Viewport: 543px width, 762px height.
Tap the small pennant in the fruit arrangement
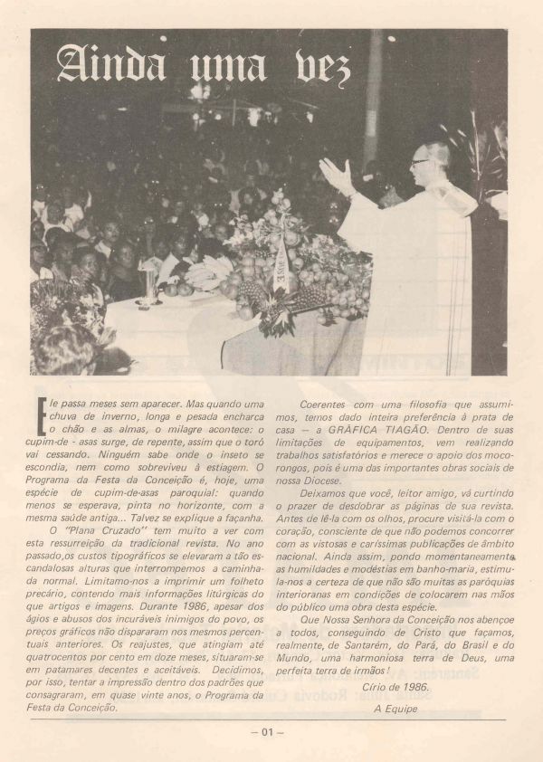point(281,272)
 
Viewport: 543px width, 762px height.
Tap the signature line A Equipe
point(395,709)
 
